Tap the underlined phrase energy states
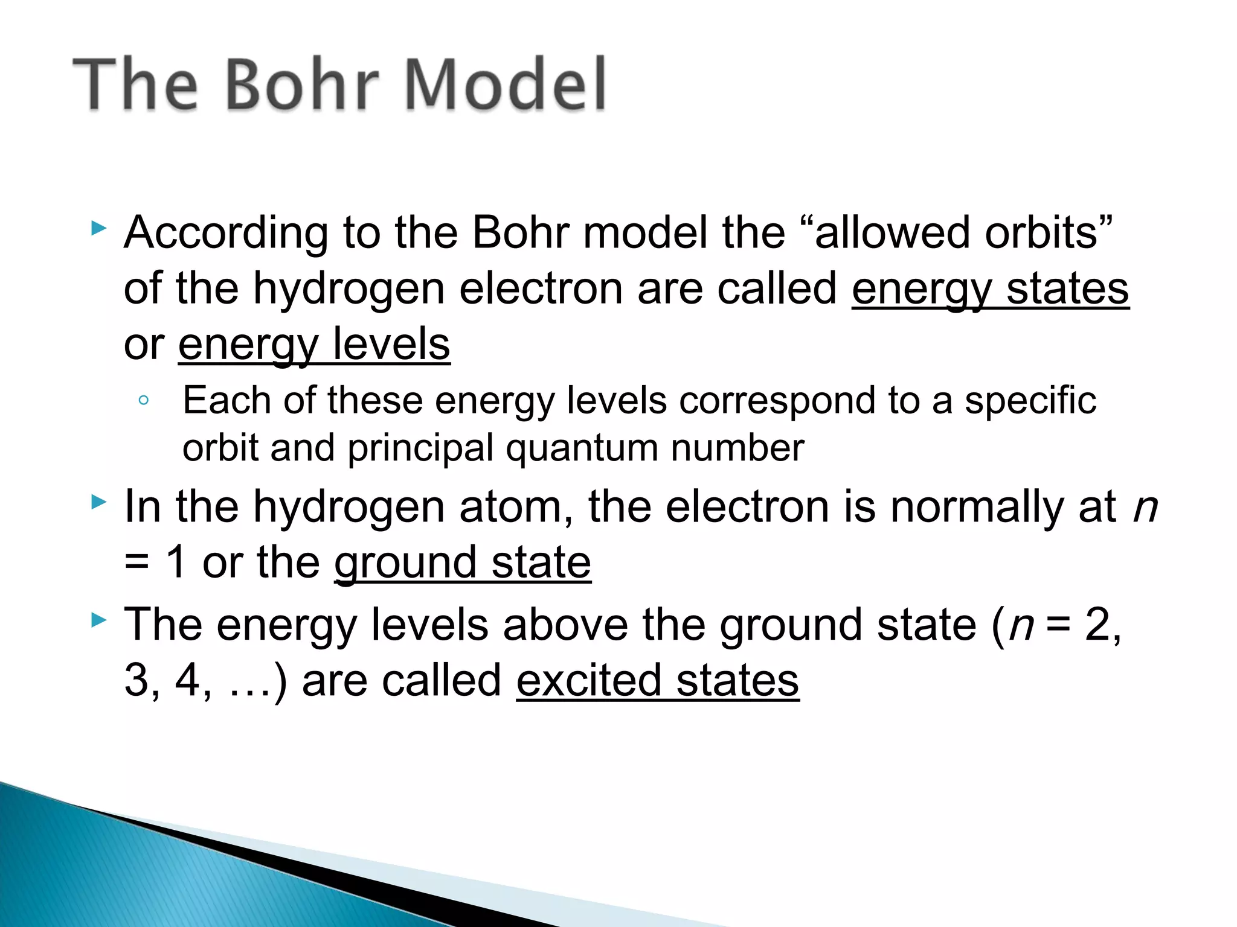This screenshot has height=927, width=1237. [990, 290]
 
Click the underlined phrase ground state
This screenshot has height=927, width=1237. [463, 563]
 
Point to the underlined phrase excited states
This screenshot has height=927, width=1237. [658, 681]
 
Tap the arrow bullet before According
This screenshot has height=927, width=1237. [98, 228]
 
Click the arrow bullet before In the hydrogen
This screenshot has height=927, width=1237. [98, 502]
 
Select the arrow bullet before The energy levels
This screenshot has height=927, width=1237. [98, 619]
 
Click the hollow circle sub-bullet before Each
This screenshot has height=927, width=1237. [143, 400]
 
